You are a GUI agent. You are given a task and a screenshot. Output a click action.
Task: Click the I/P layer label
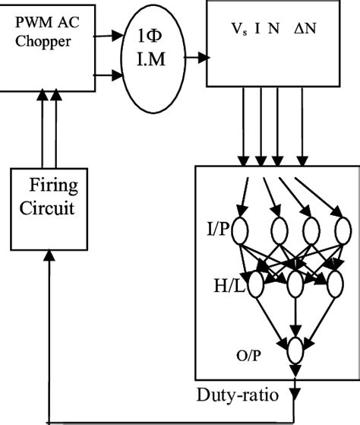click(x=216, y=228)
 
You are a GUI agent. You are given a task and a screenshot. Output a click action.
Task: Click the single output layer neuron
click(x=295, y=350)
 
